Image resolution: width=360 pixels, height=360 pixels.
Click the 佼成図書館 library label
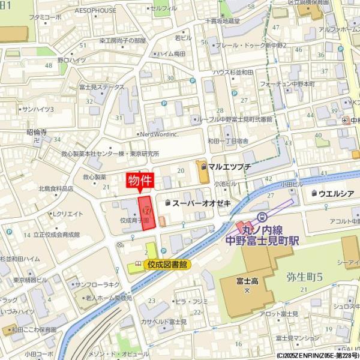(x=167, y=263)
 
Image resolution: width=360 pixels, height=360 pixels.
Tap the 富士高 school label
(x=247, y=281)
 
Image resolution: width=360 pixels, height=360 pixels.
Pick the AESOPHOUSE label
(x=96, y=10)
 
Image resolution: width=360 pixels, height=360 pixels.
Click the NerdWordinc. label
(x=159, y=134)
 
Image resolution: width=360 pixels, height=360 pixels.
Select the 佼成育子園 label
(x=134, y=221)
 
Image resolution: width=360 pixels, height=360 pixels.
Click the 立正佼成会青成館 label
(x=56, y=235)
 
